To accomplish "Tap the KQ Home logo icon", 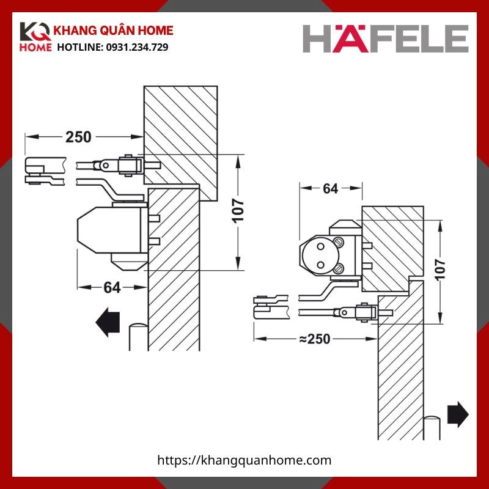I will pos(35,39).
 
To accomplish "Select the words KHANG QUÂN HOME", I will pos(115,31).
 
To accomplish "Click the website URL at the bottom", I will pos(244,460).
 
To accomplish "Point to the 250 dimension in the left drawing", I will pos(78,137).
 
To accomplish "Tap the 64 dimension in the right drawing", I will pos(330,189).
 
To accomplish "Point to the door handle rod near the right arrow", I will pos(432,428).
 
